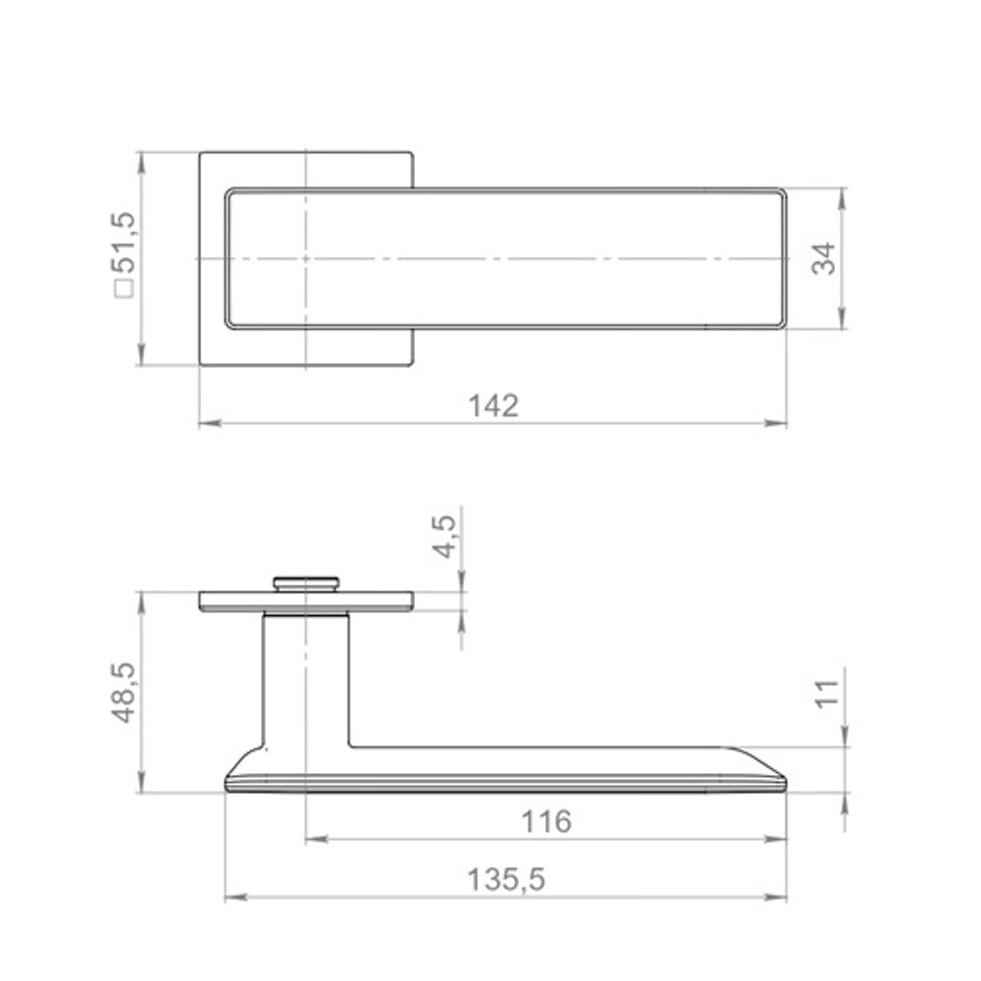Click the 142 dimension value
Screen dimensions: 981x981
[x=493, y=406]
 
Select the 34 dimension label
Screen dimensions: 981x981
[x=824, y=258]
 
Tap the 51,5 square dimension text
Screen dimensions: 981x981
[x=124, y=243]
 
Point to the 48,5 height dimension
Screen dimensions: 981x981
[x=124, y=693]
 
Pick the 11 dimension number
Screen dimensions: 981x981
[x=827, y=694]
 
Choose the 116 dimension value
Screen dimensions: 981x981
[x=546, y=821]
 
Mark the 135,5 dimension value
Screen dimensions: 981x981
[x=506, y=880]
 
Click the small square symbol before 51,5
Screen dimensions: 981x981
[x=124, y=288]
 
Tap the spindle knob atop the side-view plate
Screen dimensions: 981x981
[x=306, y=583]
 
